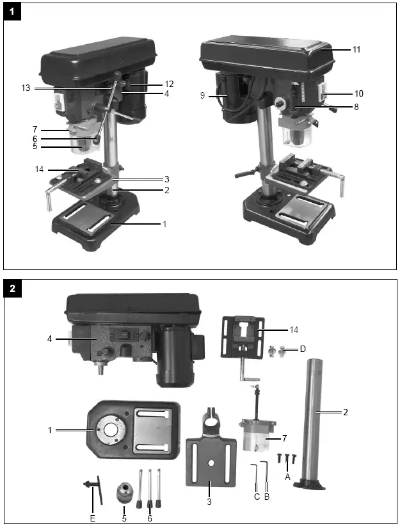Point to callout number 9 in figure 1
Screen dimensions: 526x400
(204, 96)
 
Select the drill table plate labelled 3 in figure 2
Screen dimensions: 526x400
(208, 461)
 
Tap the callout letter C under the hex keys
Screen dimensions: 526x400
(257, 497)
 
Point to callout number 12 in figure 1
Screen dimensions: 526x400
(169, 84)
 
